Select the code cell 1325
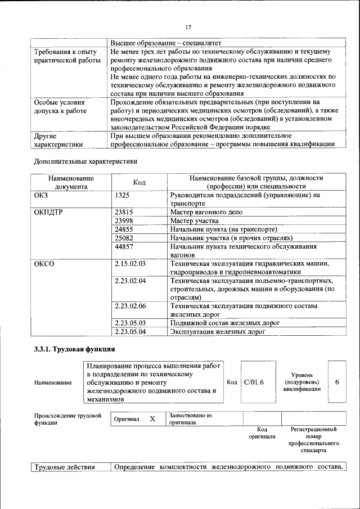point(122,195)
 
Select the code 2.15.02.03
point(130,263)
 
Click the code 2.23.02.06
point(130,306)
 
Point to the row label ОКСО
point(44,263)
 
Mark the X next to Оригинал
point(152,419)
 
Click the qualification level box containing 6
point(336,382)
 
